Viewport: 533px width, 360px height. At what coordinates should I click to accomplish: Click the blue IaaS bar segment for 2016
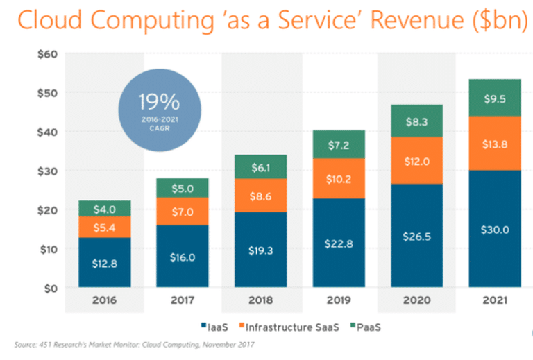104,262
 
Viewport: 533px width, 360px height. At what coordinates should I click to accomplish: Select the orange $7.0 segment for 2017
182,211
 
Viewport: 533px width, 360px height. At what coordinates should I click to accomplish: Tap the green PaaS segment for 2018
260,166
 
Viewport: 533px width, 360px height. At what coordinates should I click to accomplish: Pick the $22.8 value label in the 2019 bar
338,243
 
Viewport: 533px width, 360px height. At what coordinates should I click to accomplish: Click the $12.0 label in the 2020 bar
416,161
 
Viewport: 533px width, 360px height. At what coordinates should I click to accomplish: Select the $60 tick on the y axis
52,53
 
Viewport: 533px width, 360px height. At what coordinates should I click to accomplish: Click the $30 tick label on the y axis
52,171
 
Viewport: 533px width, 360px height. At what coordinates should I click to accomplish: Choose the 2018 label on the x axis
260,300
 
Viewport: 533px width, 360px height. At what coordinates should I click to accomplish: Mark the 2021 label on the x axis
494,300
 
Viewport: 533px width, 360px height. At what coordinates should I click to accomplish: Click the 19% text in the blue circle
160,103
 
